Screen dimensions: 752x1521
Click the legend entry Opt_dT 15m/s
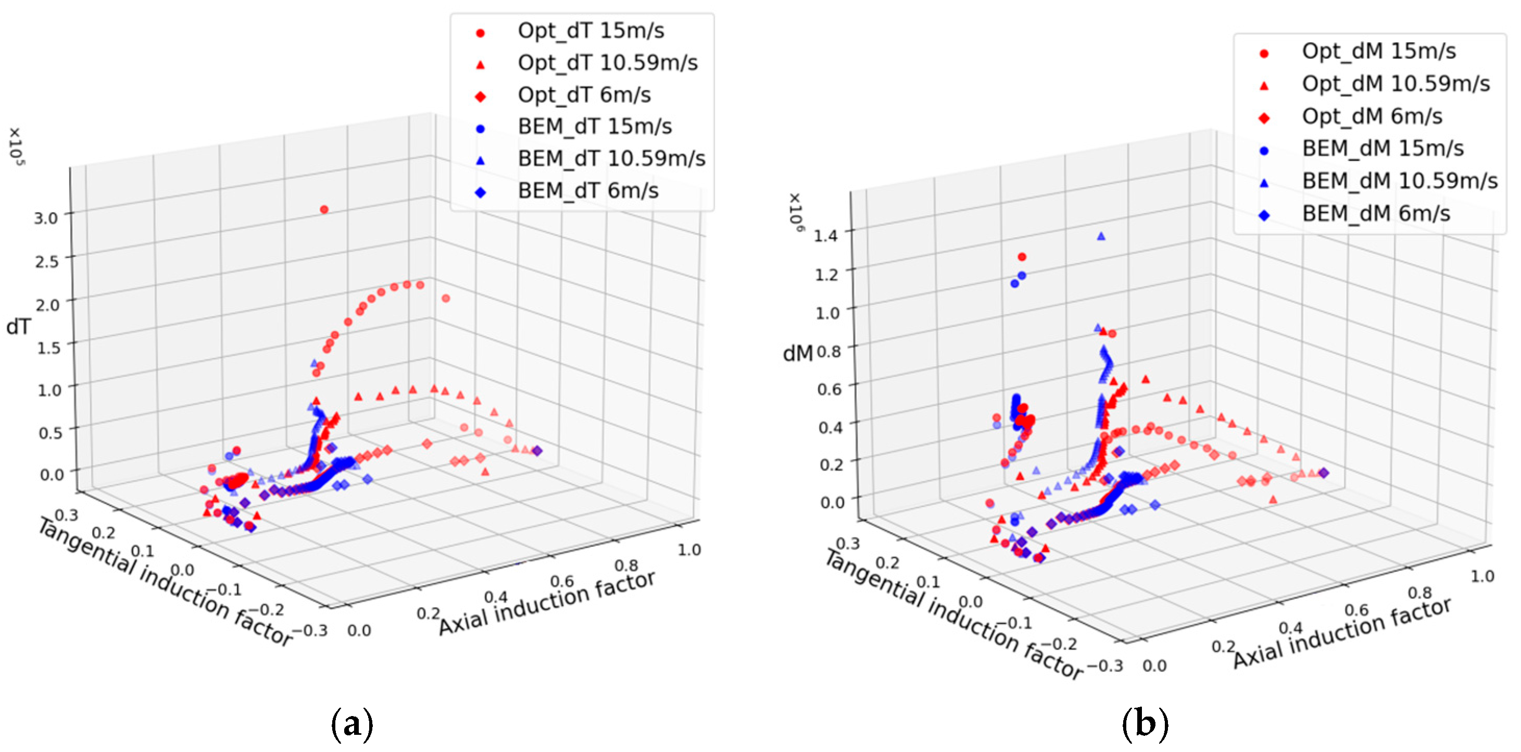pyautogui.click(x=590, y=31)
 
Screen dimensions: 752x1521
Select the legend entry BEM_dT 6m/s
pyautogui.click(x=587, y=191)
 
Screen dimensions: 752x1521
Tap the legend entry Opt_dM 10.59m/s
pyautogui.click(x=1395, y=84)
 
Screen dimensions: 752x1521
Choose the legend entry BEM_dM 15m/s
pyautogui.click(x=1382, y=149)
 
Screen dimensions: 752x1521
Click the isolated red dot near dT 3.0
pyautogui.click(x=323, y=209)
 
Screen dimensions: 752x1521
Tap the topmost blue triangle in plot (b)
pyautogui.click(x=1101, y=236)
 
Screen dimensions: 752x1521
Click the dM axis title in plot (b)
pyautogui.click(x=797, y=353)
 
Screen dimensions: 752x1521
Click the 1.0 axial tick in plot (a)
pyautogui.click(x=688, y=550)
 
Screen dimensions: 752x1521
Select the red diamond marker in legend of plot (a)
pyautogui.click(x=480, y=96)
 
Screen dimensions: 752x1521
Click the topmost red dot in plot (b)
pyautogui.click(x=1022, y=257)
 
